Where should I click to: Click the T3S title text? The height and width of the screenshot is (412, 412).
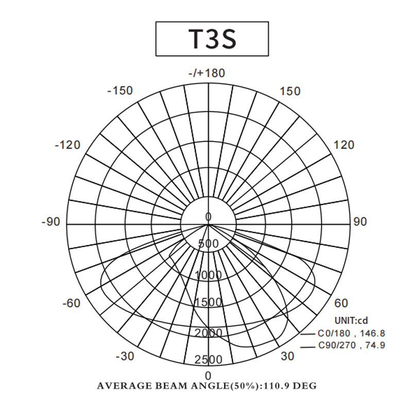(212, 39)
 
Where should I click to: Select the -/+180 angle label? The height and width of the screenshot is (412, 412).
(207, 73)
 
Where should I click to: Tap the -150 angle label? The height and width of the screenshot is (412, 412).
(120, 91)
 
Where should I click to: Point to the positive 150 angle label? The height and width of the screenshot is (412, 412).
(290, 91)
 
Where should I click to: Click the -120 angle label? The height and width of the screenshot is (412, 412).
(67, 145)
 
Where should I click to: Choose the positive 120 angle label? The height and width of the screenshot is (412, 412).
(344, 145)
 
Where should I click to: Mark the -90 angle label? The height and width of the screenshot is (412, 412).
(51, 222)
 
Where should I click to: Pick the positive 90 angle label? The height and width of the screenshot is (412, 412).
(359, 222)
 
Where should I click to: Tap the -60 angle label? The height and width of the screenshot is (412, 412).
(72, 303)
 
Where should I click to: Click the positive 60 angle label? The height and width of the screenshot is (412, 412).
(341, 303)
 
